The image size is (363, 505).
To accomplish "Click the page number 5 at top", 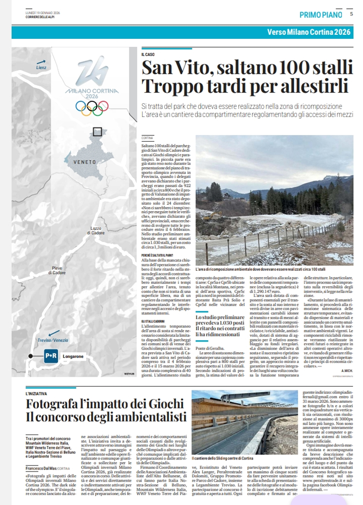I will [x=351, y=14].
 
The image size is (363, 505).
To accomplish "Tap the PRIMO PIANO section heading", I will [x=321, y=14].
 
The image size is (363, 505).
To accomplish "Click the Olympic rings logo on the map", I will [x=92, y=108].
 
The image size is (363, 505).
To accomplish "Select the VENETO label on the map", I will [x=85, y=162].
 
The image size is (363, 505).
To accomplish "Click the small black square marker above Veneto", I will [x=97, y=131].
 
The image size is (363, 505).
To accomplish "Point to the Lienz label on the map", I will [x=41, y=67].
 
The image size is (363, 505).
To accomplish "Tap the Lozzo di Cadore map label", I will [x=96, y=231].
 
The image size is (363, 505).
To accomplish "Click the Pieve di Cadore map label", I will [x=57, y=270].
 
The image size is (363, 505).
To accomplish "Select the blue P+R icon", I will [x=51, y=356].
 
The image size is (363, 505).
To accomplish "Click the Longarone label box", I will [x=73, y=356].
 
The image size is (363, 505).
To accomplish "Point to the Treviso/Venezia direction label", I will [x=53, y=340].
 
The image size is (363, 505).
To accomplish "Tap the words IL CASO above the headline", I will [x=148, y=54].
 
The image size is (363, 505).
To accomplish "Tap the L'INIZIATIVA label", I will [x=36, y=394].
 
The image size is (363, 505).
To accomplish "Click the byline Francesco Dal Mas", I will [x=41, y=468].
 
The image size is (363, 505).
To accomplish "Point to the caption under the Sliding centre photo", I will [x=222, y=458].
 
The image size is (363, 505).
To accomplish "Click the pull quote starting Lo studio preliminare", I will [x=220, y=326].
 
